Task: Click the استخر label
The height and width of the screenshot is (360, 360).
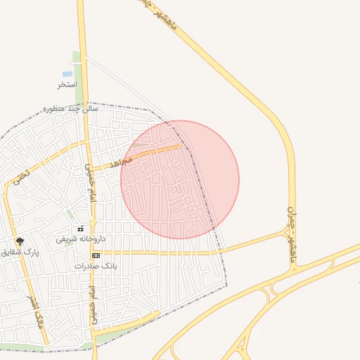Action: click(67, 84)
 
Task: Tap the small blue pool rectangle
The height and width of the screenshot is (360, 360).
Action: click(67, 73)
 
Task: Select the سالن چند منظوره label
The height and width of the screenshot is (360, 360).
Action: click(70, 109)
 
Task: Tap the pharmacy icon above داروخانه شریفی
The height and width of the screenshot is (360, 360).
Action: click(81, 229)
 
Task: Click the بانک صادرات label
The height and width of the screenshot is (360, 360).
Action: click(96, 266)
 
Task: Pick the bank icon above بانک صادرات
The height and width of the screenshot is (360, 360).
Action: click(96, 255)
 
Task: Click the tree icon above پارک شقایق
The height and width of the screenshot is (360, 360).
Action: click(19, 240)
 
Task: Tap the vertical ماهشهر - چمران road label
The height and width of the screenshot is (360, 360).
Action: click(292, 235)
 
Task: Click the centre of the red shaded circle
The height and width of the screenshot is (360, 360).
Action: click(180, 179)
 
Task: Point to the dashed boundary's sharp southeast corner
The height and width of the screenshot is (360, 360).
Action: click(226, 285)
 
